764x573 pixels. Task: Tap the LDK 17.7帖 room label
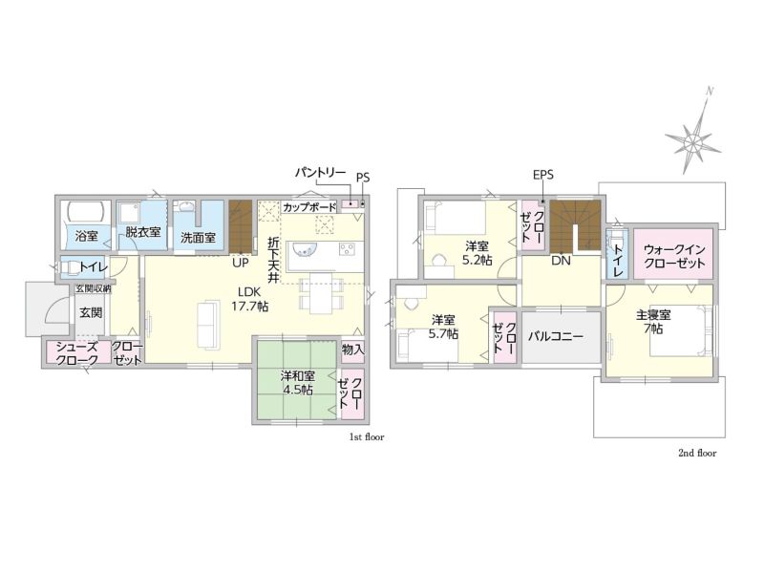point(250,299)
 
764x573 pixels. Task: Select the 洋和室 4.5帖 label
point(297,383)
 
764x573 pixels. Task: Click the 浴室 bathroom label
point(87,236)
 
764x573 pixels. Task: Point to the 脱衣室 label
point(143,231)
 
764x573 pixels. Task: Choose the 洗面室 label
point(198,238)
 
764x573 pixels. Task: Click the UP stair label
point(241,263)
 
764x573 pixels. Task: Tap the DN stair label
point(561,260)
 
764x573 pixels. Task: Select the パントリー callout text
point(321,173)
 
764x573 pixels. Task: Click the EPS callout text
point(543,175)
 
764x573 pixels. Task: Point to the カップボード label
point(309,207)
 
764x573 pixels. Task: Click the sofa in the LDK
point(207,325)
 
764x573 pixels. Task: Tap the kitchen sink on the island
point(304,249)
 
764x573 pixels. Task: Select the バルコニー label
point(556,336)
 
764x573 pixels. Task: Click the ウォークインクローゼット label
point(674,256)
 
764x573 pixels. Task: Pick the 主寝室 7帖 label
point(653,322)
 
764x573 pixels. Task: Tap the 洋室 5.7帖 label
point(443,327)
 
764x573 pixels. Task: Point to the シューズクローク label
point(77,353)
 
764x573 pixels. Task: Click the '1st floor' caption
point(367,437)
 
